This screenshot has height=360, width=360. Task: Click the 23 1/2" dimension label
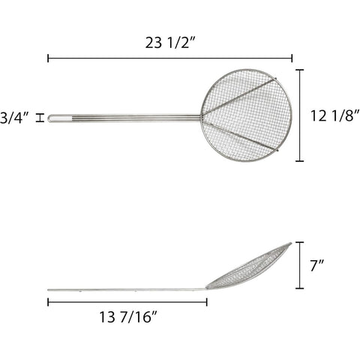pyautogui.click(x=169, y=43)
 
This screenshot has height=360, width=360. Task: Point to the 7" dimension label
pyautogui.click(x=319, y=265)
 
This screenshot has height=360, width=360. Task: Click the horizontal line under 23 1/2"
pyautogui.click(x=169, y=57)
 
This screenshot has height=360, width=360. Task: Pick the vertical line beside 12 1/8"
pyautogui.click(x=301, y=115)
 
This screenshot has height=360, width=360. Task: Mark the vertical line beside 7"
pyautogui.click(x=301, y=265)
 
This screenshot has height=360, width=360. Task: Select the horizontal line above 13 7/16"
pyautogui.click(x=127, y=302)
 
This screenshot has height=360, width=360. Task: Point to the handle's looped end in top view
pyautogui.click(x=52, y=118)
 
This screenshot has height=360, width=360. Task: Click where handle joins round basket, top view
pyautogui.click(x=202, y=116)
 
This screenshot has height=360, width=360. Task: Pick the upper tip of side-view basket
pyautogui.click(x=290, y=244)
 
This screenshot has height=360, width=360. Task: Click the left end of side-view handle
pyautogui.click(x=49, y=290)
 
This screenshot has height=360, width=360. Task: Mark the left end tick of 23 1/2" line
pyautogui.click(x=48, y=57)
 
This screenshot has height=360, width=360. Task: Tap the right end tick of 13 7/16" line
pyautogui.click(x=206, y=302)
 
